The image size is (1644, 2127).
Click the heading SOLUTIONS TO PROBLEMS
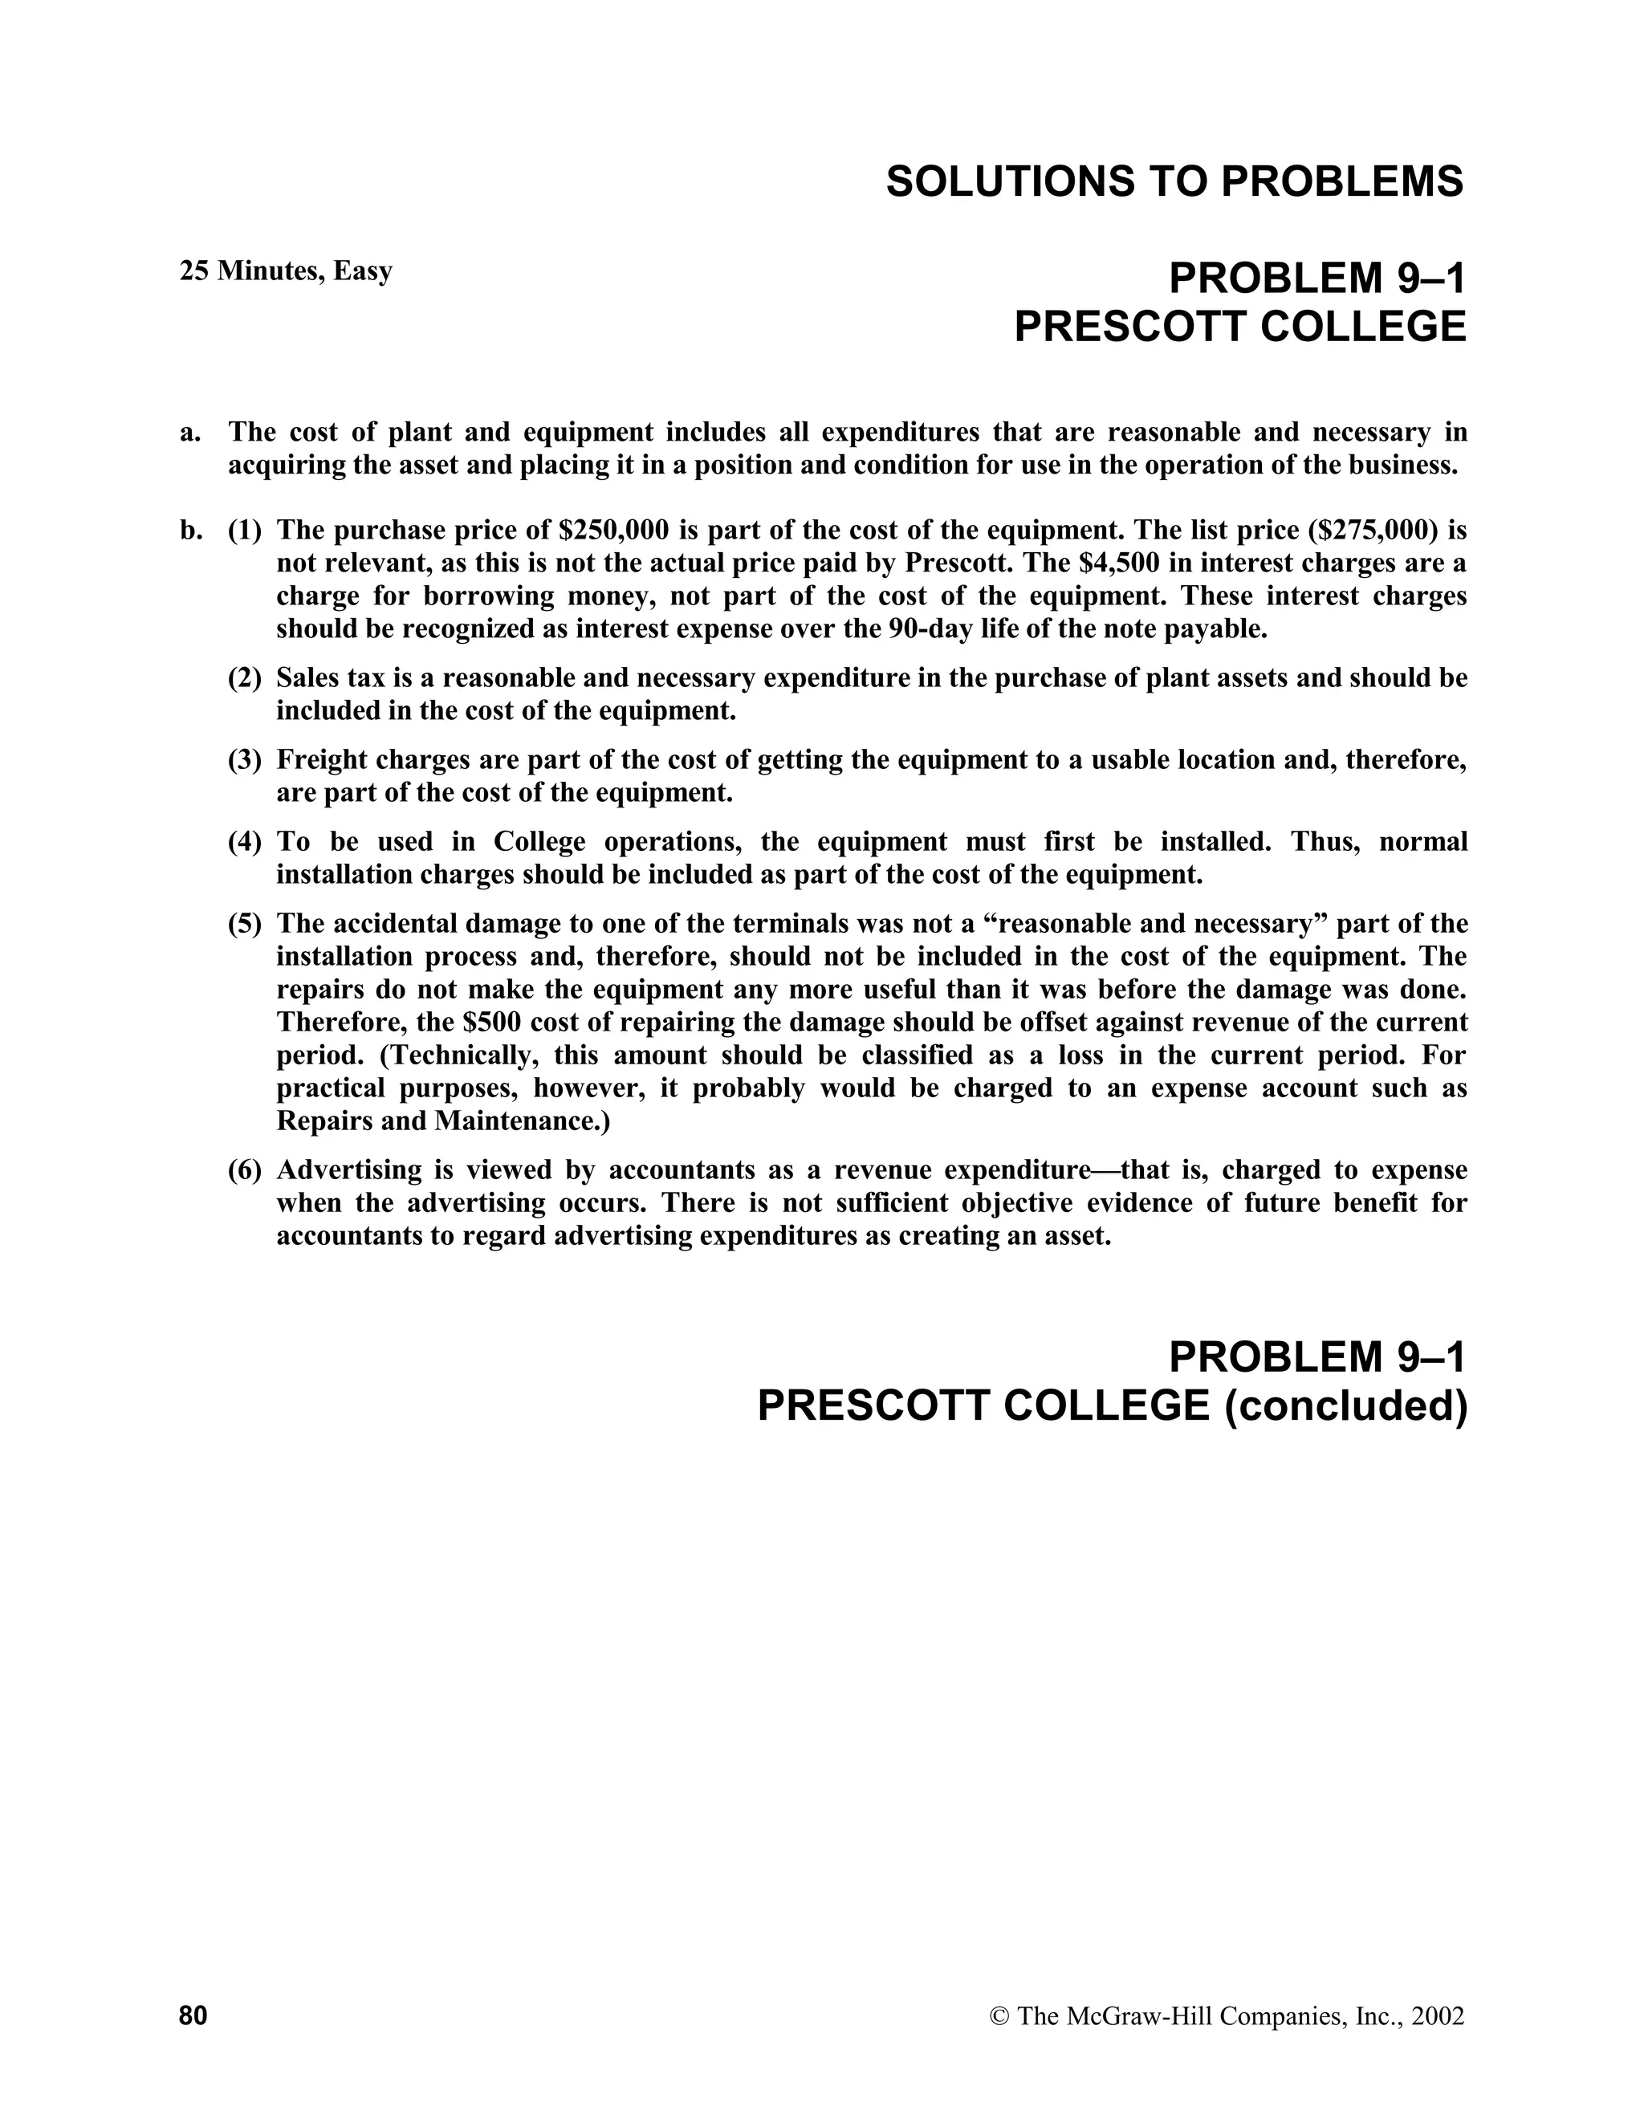1174,182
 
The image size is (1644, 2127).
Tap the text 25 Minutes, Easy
285,270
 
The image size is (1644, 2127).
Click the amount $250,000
615,531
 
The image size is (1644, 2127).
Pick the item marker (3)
245,759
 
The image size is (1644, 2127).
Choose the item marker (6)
245,1169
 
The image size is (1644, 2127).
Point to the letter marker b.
190,531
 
